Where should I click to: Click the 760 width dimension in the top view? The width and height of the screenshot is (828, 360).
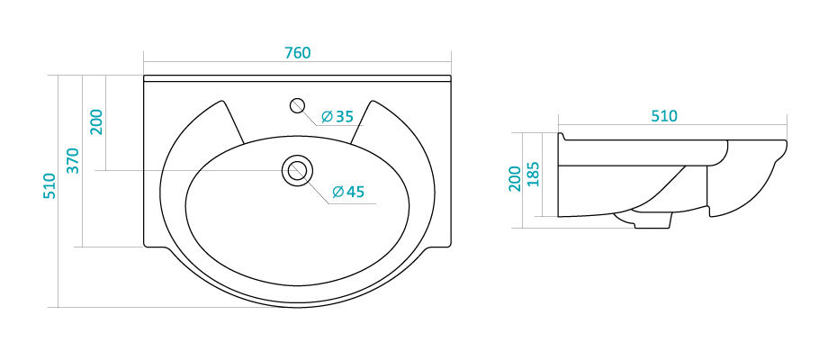(298, 53)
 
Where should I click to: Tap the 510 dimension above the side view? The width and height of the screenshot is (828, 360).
(664, 116)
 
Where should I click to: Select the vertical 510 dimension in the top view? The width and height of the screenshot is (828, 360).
(49, 185)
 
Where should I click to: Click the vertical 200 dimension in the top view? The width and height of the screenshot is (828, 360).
(96, 121)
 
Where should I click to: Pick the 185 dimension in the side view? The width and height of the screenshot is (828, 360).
(534, 174)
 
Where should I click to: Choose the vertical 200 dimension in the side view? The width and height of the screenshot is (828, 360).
(514, 178)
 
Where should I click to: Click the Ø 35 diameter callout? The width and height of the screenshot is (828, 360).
(337, 116)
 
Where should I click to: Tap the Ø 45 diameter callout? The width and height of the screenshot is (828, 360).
(348, 192)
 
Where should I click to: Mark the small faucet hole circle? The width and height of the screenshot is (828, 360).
(298, 105)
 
